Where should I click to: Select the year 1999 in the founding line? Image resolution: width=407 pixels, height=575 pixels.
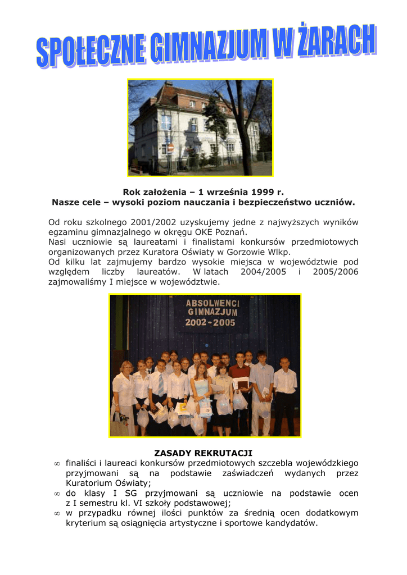pos(262,192)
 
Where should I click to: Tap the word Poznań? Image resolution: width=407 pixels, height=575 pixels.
pos(231,232)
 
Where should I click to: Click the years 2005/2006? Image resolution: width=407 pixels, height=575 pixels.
pos(334,272)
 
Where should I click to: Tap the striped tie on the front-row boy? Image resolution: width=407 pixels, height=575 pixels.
pos(161,384)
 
